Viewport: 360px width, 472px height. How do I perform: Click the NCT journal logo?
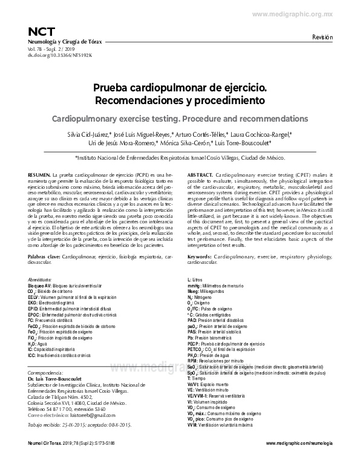click(x=38, y=31)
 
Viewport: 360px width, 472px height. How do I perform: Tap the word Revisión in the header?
click(x=322, y=38)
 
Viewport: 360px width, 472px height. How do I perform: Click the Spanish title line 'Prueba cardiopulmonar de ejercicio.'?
click(x=180, y=88)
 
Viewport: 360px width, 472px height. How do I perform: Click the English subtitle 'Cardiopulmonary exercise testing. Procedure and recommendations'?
click(x=180, y=117)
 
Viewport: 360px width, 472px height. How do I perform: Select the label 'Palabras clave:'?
click(x=44, y=257)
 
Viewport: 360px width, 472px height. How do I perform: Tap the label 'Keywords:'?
click(x=203, y=257)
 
